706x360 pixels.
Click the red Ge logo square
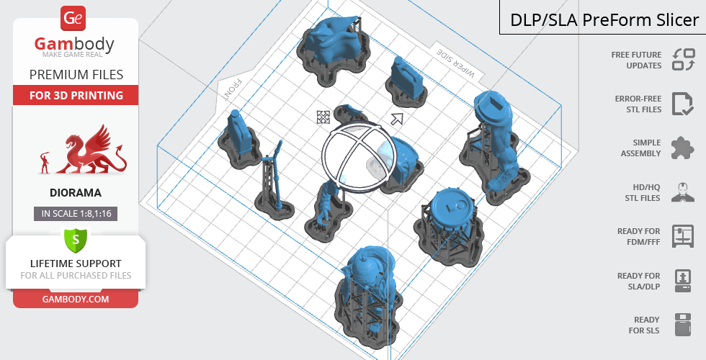click(x=73, y=19)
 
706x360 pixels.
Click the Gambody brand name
click(x=74, y=44)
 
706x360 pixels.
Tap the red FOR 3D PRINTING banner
click(x=76, y=95)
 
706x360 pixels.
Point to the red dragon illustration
click(x=91, y=150)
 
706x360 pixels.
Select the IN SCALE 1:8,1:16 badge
click(x=76, y=214)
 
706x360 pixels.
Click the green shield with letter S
click(x=76, y=239)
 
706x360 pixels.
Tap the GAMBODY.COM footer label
click(x=76, y=300)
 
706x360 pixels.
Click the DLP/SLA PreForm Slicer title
click(x=604, y=20)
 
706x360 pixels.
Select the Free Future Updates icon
click(x=684, y=59)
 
